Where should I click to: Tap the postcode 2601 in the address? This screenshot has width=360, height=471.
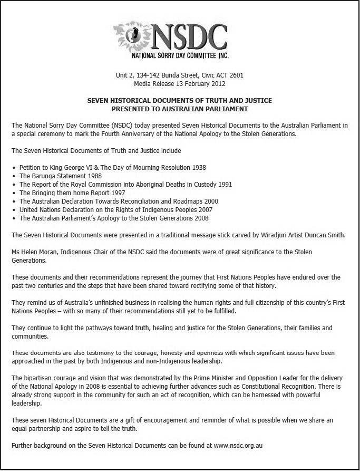[236, 75]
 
